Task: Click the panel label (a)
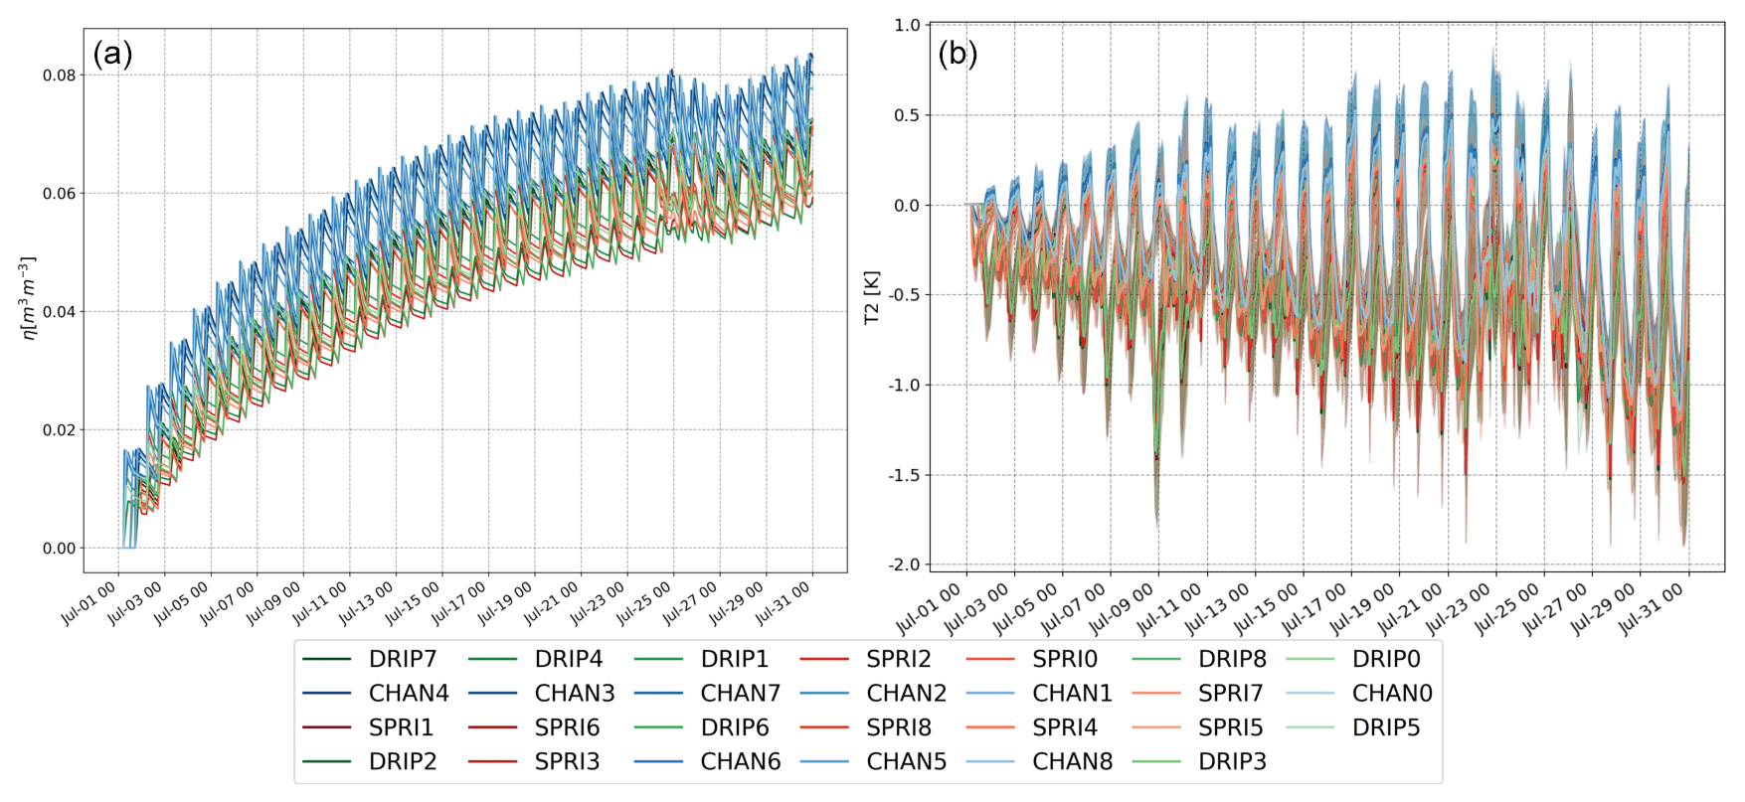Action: tap(112, 54)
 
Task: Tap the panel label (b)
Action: tap(958, 54)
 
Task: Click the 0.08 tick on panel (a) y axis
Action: tap(59, 76)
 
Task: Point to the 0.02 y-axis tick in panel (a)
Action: tap(59, 430)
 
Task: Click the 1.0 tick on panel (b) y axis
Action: tap(908, 25)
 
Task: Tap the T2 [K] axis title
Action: tap(872, 297)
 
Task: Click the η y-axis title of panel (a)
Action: tap(29, 298)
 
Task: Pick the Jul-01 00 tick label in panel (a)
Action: tap(89, 602)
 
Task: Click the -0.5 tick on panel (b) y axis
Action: tap(904, 295)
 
